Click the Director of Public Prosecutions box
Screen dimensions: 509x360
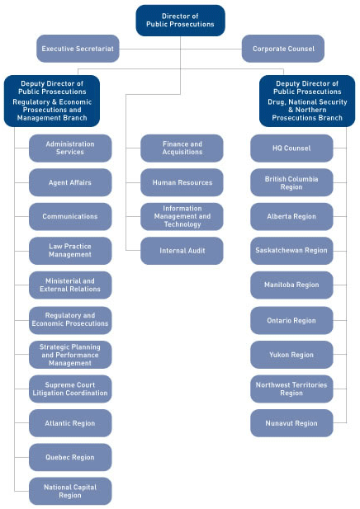(x=180, y=20)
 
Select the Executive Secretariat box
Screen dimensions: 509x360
(x=78, y=49)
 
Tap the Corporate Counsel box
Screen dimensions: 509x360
(x=282, y=49)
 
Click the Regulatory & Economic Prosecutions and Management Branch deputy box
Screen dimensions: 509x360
(x=52, y=101)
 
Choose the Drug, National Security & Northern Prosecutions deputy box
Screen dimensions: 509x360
(x=307, y=101)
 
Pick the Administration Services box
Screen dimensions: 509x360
(x=70, y=148)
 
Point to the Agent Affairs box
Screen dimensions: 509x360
(x=70, y=182)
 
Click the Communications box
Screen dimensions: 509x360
(x=70, y=216)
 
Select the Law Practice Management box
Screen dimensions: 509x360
(x=70, y=251)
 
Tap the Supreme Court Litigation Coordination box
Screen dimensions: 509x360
(x=70, y=389)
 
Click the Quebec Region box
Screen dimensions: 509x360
(x=70, y=457)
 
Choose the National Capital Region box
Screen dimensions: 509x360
(x=70, y=491)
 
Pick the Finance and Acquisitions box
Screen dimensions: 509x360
(x=182, y=148)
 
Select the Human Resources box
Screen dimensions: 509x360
(x=182, y=182)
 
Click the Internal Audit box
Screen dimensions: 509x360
(x=182, y=251)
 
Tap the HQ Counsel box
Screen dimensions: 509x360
(x=291, y=148)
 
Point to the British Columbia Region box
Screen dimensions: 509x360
(x=291, y=182)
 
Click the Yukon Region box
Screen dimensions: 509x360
(x=291, y=355)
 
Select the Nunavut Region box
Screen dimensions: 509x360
(x=291, y=423)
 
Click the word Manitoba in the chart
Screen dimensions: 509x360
(x=281, y=285)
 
